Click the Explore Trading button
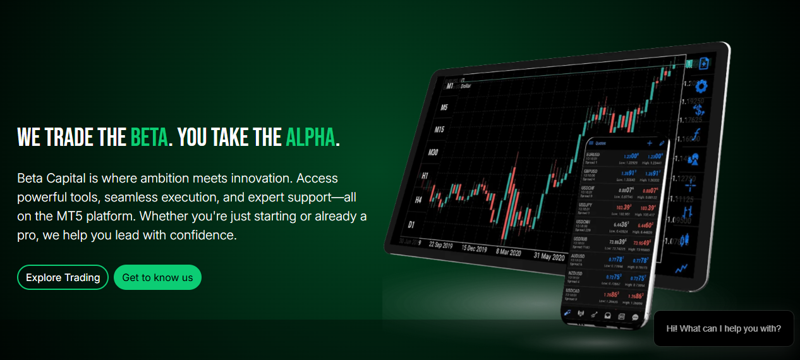[63, 277]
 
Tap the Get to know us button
[157, 277]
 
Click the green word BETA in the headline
[149, 136]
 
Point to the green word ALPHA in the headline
[310, 136]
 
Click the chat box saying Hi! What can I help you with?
[724, 328]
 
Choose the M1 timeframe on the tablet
[450, 85]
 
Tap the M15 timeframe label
[440, 129]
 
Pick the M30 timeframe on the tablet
[433, 152]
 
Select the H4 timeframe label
[418, 200]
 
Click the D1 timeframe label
[411, 224]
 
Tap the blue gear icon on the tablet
[701, 87]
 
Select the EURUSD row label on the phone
[593, 154]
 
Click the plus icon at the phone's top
[648, 143]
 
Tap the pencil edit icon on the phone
[661, 143]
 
